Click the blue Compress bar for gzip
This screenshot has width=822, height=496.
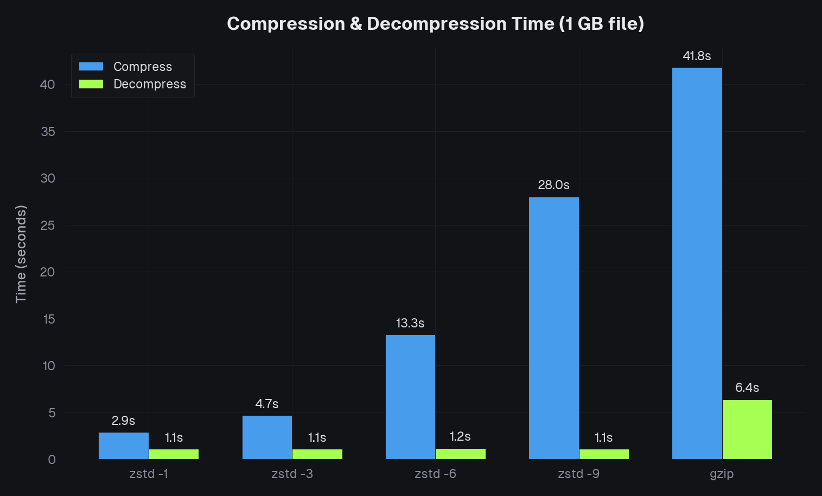(697, 263)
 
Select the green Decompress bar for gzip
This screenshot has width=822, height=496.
(747, 429)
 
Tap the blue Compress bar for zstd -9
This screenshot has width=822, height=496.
(553, 328)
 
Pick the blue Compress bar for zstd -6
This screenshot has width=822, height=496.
(410, 397)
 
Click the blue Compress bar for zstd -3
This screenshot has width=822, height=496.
(267, 437)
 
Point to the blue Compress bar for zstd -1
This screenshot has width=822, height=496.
(124, 446)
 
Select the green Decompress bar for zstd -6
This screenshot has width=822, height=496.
(460, 454)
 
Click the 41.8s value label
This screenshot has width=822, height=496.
(697, 56)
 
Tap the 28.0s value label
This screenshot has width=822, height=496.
(553, 185)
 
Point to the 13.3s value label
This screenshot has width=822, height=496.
(410, 323)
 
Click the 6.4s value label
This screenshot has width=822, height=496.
(747, 388)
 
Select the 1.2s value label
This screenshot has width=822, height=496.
(460, 436)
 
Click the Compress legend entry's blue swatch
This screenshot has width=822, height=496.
(91, 67)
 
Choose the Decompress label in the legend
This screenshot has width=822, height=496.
(150, 84)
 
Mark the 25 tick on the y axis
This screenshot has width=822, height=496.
(48, 225)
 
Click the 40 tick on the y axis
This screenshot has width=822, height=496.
(48, 84)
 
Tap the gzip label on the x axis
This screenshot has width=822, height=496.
(722, 474)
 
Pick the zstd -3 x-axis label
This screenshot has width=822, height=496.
(292, 474)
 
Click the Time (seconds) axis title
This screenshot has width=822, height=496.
(21, 254)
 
